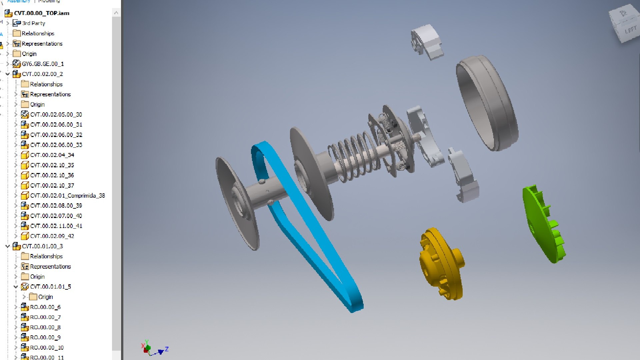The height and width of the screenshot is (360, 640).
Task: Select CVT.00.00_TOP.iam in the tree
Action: pos(41,13)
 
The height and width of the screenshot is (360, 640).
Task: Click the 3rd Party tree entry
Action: pos(33,23)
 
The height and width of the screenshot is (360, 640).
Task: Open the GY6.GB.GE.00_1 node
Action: pos(43,64)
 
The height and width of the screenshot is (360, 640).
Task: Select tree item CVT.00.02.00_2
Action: pos(42,74)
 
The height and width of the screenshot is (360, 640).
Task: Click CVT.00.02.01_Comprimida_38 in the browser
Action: pos(67,196)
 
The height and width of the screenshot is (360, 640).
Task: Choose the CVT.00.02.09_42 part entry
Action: pos(52,236)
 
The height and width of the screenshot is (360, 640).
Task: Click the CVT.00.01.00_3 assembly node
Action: pos(42,246)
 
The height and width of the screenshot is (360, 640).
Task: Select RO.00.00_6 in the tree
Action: pos(45,307)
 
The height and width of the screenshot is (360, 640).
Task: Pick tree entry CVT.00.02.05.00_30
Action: pos(56,115)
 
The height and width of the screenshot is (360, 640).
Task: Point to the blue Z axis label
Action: pos(167,349)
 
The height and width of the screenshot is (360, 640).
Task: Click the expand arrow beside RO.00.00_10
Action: pos(16,348)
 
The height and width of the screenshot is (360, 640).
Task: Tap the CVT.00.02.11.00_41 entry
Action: pos(56,226)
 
